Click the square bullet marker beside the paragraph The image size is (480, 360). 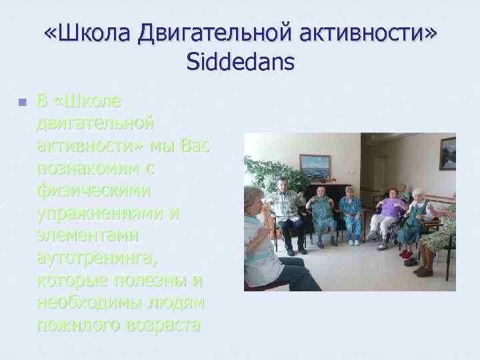click(x=21, y=103)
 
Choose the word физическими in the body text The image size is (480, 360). click(x=93, y=191)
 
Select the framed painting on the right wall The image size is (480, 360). click(x=447, y=153)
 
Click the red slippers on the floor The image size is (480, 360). click(x=406, y=254)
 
